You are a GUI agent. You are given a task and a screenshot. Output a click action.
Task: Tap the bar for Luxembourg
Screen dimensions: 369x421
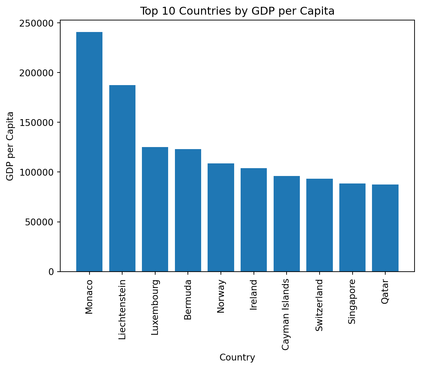point(155,209)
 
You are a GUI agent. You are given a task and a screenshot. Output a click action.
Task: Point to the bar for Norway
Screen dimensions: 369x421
point(221,218)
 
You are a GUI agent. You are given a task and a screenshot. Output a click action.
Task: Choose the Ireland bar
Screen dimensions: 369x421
point(254,220)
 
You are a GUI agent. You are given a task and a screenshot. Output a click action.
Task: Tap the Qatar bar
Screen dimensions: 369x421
point(385,228)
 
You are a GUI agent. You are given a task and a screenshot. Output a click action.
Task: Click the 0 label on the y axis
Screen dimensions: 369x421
point(51,272)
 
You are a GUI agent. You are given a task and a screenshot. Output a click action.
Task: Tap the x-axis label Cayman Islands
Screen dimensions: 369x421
point(286,314)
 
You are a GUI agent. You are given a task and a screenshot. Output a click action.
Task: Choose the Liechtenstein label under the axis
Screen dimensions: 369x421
point(122,309)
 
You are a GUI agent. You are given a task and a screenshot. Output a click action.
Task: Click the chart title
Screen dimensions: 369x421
point(237,11)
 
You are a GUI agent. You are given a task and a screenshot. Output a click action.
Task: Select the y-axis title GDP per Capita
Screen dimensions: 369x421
point(11,146)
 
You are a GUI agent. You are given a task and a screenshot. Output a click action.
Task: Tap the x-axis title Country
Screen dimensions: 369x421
point(237,357)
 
